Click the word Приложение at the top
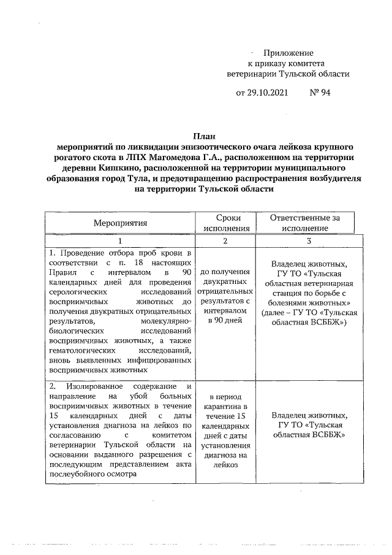coord(288,53)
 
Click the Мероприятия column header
coord(120,223)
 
